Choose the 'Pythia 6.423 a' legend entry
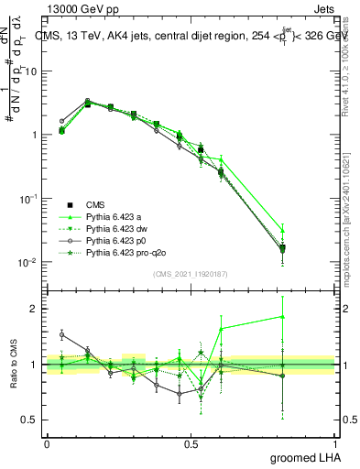pyautogui.click(x=115, y=216)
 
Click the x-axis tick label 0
pyautogui.click(x=47, y=443)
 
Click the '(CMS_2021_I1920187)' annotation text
pyautogui.click(x=190, y=274)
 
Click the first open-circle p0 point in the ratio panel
pyautogui.click(x=61, y=335)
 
